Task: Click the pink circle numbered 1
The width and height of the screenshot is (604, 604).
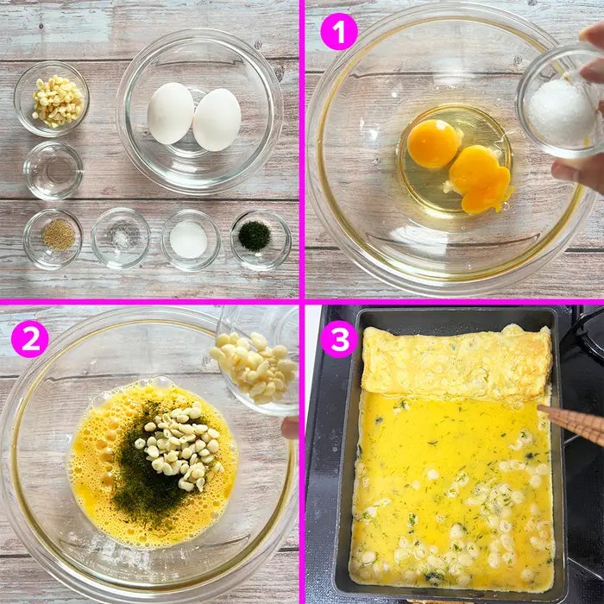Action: [339, 32]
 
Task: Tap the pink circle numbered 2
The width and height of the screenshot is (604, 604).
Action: [30, 339]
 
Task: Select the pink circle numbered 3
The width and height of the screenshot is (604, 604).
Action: [339, 339]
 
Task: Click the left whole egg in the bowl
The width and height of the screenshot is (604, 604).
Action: [171, 113]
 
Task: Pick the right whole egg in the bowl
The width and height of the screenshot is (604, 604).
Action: [217, 119]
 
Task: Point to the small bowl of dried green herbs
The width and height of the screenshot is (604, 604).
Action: [261, 240]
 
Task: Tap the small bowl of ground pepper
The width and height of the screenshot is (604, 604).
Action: [53, 239]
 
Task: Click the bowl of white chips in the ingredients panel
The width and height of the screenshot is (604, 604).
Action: [52, 99]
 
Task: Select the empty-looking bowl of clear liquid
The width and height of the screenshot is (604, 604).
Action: [53, 170]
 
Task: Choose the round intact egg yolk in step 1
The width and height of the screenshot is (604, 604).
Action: [434, 143]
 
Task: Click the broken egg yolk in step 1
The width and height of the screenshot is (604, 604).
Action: [480, 178]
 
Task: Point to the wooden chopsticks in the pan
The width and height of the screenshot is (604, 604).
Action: [571, 424]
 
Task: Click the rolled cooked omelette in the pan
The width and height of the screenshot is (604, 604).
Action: [456, 362]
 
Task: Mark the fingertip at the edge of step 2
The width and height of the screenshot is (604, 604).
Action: [290, 428]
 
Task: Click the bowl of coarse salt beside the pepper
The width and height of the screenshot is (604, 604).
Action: [121, 238]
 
